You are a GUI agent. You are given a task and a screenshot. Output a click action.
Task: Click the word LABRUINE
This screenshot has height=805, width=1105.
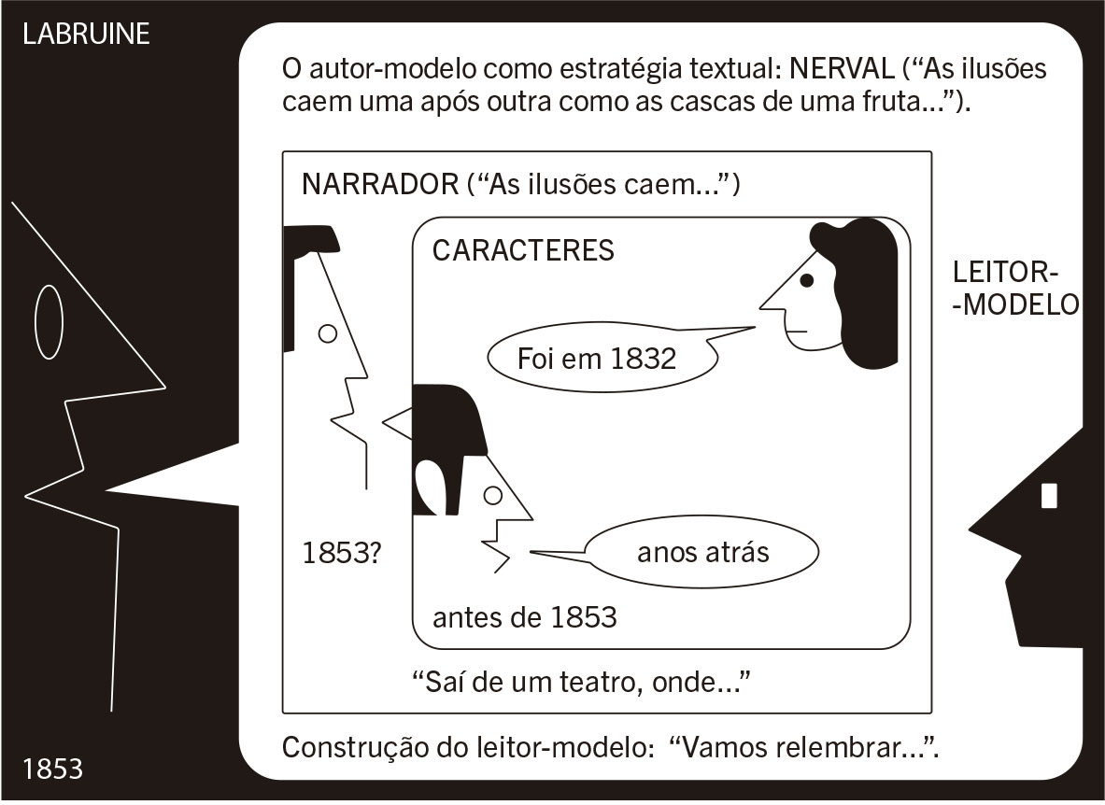tap(86, 35)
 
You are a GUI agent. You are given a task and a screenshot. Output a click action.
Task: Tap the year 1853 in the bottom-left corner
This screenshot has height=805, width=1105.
tap(52, 769)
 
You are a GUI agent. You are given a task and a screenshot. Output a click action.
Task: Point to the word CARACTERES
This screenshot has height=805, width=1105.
tap(524, 250)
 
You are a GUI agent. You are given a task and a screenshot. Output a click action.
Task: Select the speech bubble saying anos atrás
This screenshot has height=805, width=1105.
tap(702, 553)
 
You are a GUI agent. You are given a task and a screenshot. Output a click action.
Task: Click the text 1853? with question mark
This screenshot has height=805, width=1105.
tap(340, 553)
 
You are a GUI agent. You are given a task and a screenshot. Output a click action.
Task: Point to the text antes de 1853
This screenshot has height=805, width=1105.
tap(524, 617)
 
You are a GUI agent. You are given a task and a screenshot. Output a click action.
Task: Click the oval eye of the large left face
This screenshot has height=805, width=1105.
tap(49, 322)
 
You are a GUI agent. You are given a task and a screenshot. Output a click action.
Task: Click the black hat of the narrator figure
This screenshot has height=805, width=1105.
tap(308, 239)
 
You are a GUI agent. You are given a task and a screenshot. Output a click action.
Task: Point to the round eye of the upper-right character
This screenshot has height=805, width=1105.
tap(807, 278)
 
